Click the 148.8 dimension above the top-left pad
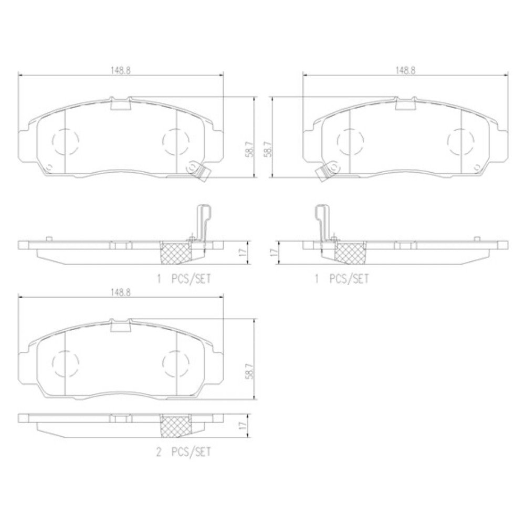click(121, 70)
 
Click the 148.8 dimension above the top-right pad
click(405, 70)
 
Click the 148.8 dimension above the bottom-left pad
click(121, 292)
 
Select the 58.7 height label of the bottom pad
click(249, 371)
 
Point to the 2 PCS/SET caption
click(184, 453)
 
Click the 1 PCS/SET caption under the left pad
click(184, 279)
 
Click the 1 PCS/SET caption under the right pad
click(342, 279)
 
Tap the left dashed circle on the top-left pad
click(66, 141)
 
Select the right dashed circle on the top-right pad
click(461, 141)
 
